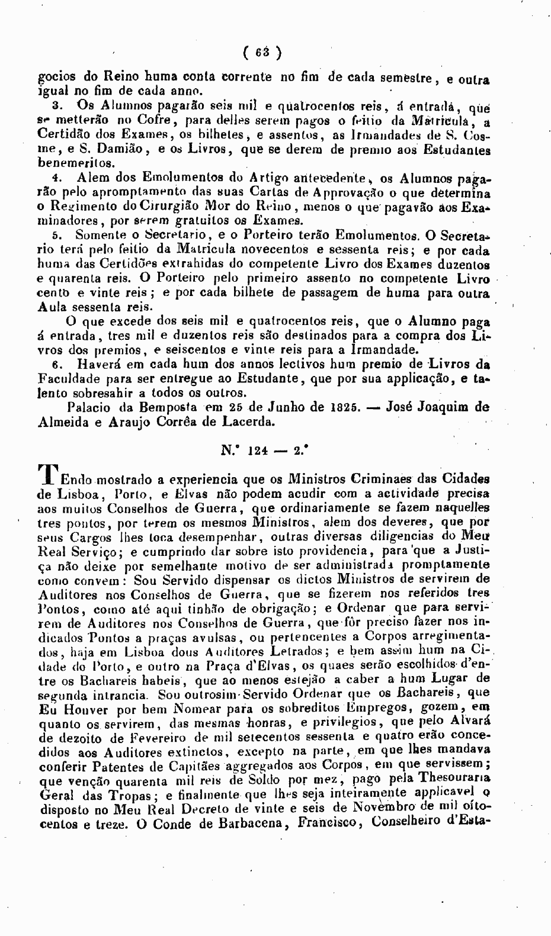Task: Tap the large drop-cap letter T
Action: click(x=48, y=475)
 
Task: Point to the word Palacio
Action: click(x=90, y=407)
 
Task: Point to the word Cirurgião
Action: click(x=175, y=207)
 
